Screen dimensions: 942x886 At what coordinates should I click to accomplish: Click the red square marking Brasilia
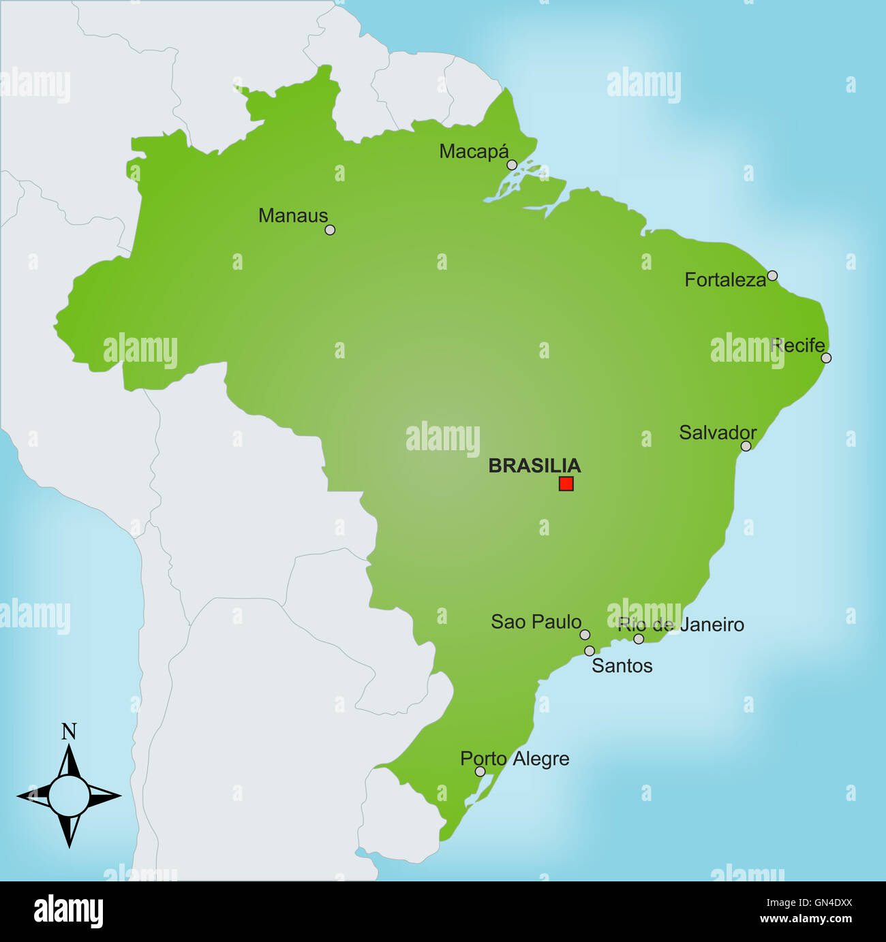(x=566, y=484)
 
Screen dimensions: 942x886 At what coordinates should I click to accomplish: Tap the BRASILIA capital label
(x=534, y=466)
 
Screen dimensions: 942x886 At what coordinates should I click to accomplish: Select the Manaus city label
(x=293, y=216)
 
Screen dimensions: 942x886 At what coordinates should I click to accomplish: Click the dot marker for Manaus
(x=330, y=230)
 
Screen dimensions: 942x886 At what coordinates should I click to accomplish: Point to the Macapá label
(x=474, y=151)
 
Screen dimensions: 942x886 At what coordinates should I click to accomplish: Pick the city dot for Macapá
(x=512, y=165)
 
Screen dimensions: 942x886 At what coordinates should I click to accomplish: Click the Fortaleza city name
(x=725, y=280)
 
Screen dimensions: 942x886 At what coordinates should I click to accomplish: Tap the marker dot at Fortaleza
(x=772, y=276)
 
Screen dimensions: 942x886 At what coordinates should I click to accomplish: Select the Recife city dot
(x=826, y=358)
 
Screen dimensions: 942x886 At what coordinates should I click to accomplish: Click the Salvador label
(x=718, y=433)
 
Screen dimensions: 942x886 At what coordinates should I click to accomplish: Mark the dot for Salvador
(x=746, y=446)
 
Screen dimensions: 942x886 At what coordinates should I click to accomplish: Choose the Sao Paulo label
(x=536, y=622)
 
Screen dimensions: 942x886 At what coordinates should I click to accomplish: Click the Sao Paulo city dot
(x=585, y=635)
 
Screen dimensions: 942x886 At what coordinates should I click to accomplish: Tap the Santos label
(x=622, y=666)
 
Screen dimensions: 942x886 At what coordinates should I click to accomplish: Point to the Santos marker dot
(x=590, y=651)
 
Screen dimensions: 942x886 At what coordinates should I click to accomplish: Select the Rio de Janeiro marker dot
(x=639, y=639)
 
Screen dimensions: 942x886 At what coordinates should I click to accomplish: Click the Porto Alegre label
(x=515, y=759)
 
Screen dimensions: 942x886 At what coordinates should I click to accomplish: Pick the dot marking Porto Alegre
(x=480, y=772)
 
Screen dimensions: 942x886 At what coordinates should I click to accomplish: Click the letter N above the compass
(x=69, y=732)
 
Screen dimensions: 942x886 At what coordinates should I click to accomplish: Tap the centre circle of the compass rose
(x=69, y=795)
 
